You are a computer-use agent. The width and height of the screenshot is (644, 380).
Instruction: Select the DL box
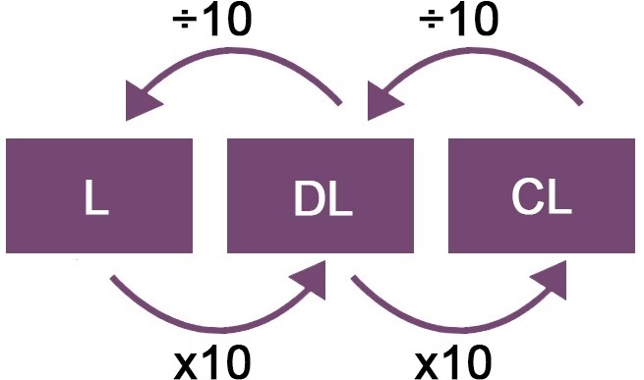[321, 197]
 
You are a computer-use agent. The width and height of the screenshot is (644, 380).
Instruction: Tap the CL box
[541, 197]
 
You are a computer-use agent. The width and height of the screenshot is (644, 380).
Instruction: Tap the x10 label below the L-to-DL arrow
[212, 361]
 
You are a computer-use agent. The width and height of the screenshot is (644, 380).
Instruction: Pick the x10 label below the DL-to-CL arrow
[452, 361]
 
